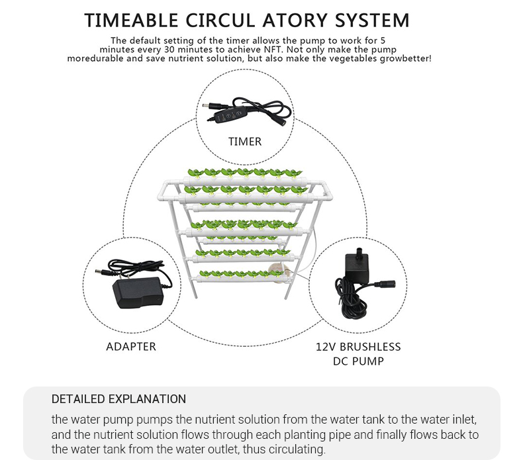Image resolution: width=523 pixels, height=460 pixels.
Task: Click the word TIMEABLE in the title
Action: coord(131,20)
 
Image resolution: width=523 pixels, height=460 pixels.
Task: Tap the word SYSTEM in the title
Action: coord(372,20)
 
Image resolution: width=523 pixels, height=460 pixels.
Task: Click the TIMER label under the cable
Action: coord(245,142)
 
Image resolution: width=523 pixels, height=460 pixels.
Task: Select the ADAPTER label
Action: coord(131,347)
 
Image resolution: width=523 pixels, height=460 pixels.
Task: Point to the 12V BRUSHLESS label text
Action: coord(358,347)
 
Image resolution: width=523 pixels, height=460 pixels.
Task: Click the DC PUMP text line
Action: coord(358,361)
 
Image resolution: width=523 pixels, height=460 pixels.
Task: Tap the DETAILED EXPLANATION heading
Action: coord(119,399)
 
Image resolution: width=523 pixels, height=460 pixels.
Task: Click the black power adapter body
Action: coord(137,293)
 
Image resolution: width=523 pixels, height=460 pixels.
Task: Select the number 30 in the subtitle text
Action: coord(169,50)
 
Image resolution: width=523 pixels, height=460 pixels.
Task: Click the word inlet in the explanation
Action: coord(464,420)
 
